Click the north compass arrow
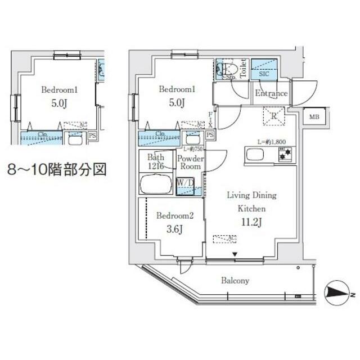click(x=338, y=292)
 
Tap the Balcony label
click(x=235, y=280)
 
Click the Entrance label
click(x=271, y=93)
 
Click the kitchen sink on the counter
click(x=253, y=154)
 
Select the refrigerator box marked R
click(x=275, y=117)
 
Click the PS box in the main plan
click(x=210, y=135)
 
